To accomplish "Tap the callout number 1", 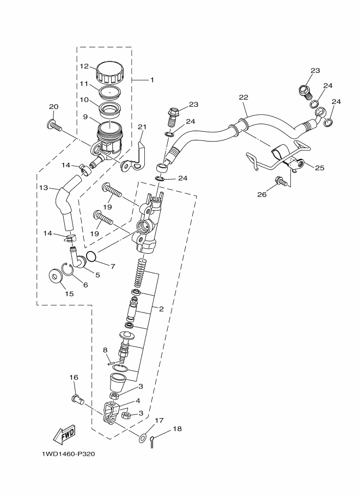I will tap(152, 80).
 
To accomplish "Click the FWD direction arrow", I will tap(64, 434).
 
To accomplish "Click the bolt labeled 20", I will tap(54, 126).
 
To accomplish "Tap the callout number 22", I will tap(243, 97).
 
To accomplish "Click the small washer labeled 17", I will tap(142, 436).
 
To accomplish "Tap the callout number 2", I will tap(161, 309).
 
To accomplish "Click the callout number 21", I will tap(142, 128).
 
